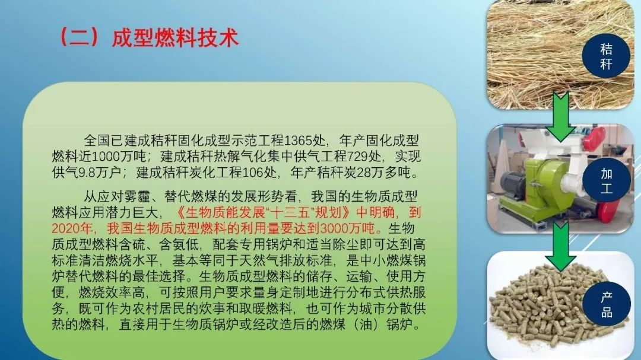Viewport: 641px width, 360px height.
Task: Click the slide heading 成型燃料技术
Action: point(175,37)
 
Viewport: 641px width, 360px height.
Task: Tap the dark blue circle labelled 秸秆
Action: point(606,56)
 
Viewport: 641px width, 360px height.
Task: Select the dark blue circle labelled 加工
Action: point(606,180)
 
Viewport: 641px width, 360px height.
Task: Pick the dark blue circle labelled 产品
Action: point(607,304)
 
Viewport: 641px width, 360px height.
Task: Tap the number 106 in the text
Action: point(253,173)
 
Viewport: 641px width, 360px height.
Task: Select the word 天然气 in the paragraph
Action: point(294,260)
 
